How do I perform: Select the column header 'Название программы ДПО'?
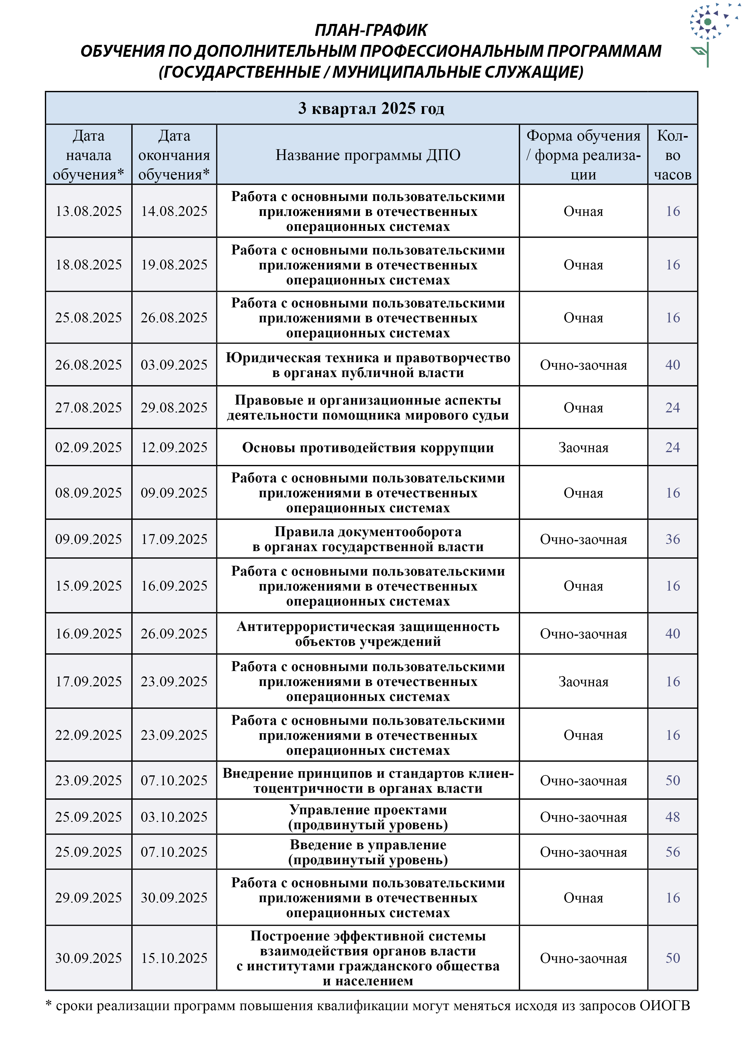(368, 155)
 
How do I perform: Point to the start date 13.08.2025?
(89, 211)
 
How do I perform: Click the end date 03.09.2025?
(174, 365)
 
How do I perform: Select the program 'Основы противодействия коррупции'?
(368, 447)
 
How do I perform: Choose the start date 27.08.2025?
(89, 407)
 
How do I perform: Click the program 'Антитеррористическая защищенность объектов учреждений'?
(368, 634)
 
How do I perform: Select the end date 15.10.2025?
(174, 957)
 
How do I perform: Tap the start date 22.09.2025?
(89, 735)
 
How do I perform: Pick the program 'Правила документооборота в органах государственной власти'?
(368, 539)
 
